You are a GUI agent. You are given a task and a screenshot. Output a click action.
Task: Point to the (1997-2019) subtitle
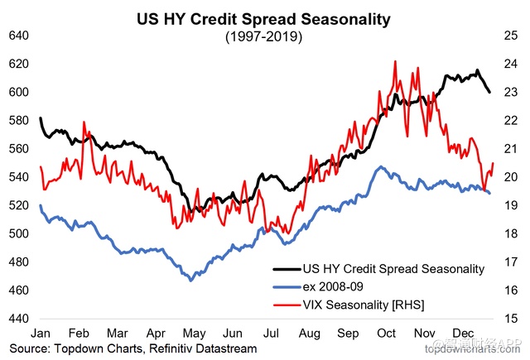(266, 36)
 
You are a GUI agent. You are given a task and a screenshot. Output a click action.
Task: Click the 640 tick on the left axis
(17, 36)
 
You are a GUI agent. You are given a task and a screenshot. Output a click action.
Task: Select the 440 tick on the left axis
(17, 319)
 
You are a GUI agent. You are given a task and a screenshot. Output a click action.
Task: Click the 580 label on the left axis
(17, 121)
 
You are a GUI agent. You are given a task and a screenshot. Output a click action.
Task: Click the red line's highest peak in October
(395, 61)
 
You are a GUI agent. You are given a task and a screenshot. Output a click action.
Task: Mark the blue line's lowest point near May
(191, 281)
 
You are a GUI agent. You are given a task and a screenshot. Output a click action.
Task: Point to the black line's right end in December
(489, 92)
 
